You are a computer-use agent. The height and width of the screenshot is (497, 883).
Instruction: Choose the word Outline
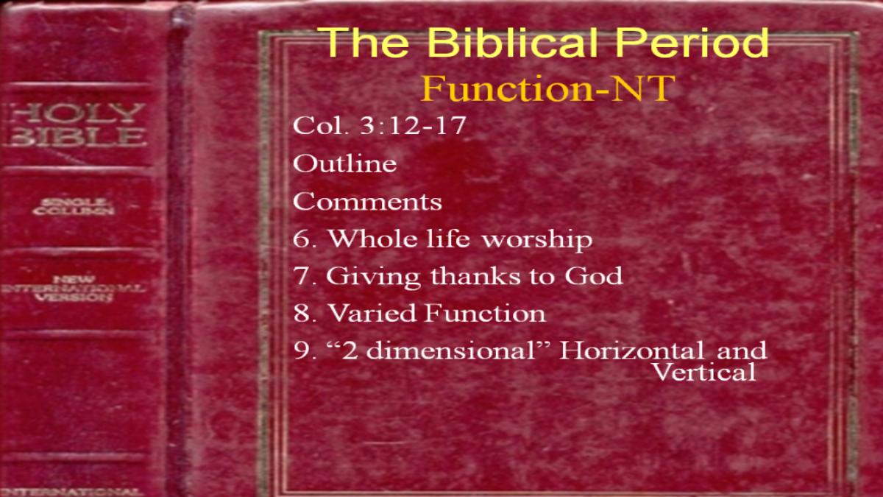[344, 163]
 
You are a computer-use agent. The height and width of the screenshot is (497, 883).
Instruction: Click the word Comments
[367, 202]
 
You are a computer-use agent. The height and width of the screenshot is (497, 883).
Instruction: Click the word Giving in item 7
[373, 277]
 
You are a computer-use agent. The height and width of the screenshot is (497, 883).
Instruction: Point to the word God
[594, 275]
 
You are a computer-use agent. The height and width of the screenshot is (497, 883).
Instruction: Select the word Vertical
[704, 371]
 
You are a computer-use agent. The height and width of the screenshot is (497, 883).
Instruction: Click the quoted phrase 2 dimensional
[433, 350]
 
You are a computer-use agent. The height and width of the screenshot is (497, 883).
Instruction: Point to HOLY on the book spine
[76, 113]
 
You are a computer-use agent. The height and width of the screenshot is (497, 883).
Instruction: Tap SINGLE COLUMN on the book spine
[74, 207]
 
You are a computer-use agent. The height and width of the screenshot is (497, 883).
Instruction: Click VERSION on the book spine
[74, 297]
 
